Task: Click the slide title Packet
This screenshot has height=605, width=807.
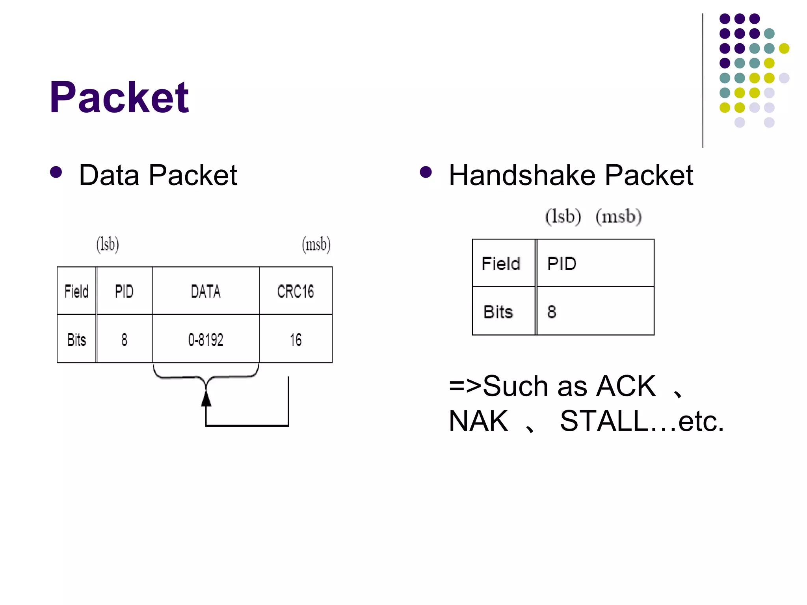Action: (119, 97)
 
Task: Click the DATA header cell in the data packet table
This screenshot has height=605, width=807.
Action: (206, 291)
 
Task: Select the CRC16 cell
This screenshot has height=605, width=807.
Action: (296, 291)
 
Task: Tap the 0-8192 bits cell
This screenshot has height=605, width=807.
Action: (206, 340)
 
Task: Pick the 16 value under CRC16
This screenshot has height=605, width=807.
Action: (296, 340)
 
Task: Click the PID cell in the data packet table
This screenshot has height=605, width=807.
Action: (125, 291)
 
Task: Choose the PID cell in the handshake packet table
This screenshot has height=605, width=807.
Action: (562, 263)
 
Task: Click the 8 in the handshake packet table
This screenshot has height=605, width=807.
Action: (552, 312)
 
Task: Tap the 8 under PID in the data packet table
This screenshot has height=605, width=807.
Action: (125, 340)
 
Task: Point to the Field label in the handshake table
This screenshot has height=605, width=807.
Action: (501, 263)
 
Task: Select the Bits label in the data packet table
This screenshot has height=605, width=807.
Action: (76, 340)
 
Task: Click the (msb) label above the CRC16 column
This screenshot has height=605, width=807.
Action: (316, 245)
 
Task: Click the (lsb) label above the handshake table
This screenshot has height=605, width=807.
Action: (563, 217)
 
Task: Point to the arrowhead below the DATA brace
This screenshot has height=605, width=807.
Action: (206, 399)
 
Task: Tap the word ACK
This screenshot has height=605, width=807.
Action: (626, 386)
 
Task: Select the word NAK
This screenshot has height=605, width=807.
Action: (478, 421)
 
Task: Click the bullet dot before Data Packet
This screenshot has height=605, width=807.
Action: (56, 172)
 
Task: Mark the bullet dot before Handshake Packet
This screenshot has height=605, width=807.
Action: (426, 172)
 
